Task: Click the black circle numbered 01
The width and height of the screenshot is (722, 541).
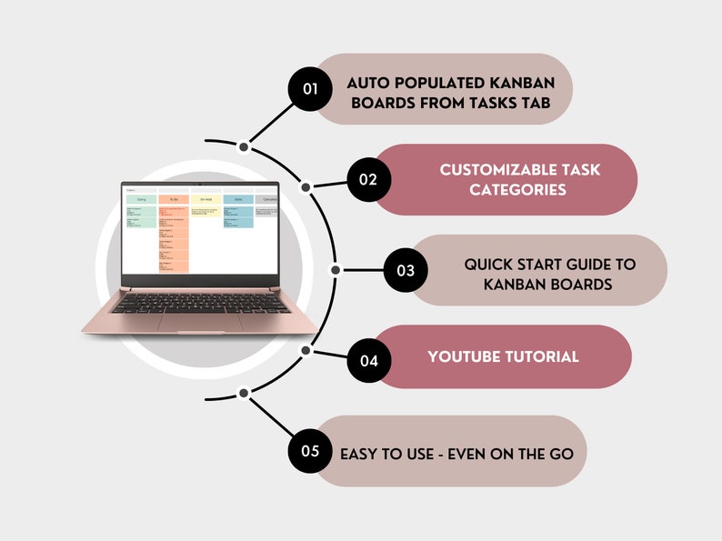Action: point(311,88)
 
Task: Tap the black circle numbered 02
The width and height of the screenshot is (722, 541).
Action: point(367,179)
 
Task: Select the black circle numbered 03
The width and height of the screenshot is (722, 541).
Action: point(405,270)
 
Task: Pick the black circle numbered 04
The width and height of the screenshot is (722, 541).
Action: point(368,360)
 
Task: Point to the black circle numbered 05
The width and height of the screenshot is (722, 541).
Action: point(311,450)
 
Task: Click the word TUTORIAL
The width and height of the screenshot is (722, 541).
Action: point(543,356)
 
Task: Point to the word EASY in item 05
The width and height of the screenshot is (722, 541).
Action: point(358,452)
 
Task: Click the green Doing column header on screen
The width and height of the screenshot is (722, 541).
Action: point(141,198)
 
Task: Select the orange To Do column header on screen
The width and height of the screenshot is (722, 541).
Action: point(173,198)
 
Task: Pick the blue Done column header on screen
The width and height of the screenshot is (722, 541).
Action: point(238,198)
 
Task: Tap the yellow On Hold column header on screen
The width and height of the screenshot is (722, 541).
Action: point(206,198)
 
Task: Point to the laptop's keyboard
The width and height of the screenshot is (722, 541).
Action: point(201,303)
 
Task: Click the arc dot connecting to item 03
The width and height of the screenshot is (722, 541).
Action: point(336,270)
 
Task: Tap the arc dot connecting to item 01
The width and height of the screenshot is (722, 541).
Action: point(244,146)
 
